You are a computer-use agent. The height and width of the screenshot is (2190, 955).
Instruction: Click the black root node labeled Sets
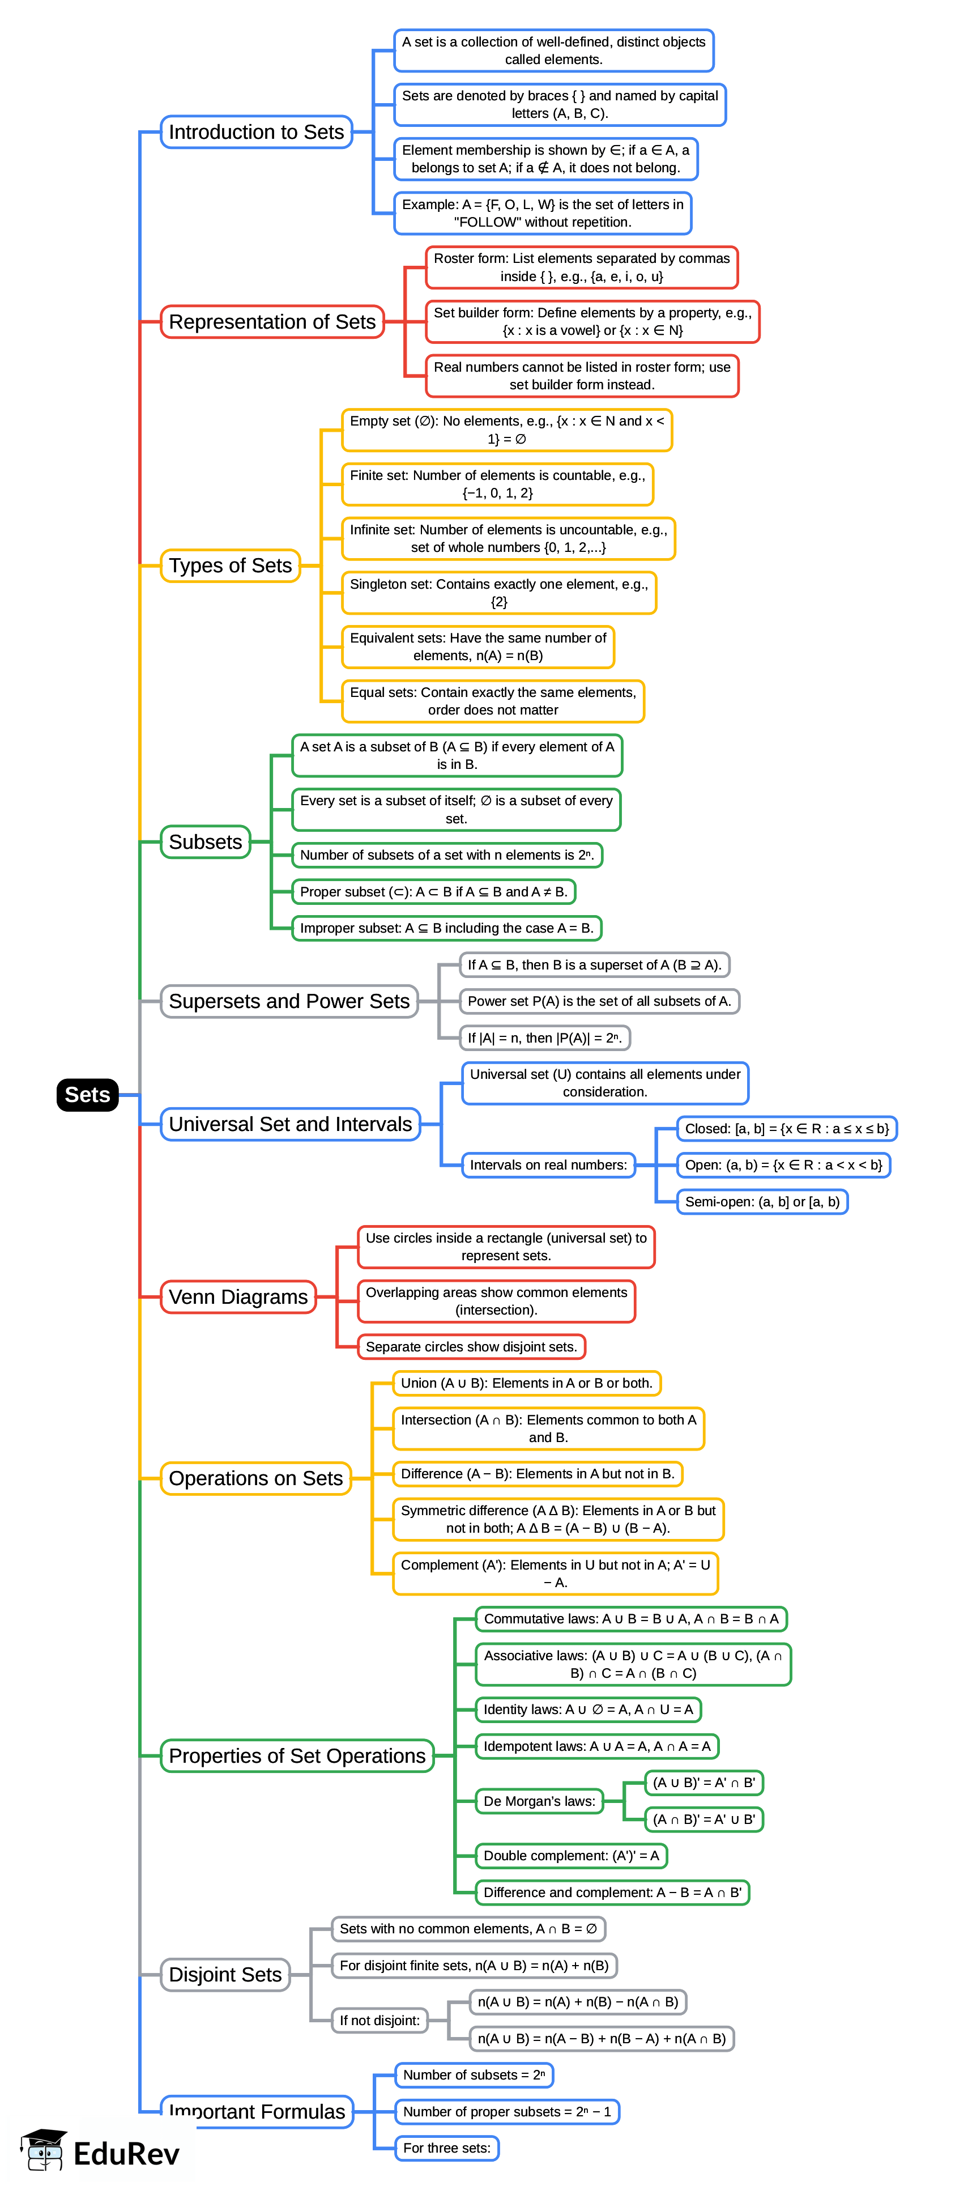pos(87,1094)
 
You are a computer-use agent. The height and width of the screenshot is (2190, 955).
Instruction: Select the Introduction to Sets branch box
pos(256,132)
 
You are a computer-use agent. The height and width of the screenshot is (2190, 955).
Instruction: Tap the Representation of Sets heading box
pos(272,321)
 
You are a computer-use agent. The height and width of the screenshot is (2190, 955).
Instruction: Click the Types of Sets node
pos(230,565)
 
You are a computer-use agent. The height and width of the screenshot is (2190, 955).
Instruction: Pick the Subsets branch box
pos(205,841)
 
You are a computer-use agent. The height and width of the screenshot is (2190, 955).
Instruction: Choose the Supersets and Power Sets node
pos(289,1001)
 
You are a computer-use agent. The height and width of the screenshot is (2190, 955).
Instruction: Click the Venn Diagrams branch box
pos(238,1296)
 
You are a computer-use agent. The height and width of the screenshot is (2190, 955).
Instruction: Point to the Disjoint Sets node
pos(225,1974)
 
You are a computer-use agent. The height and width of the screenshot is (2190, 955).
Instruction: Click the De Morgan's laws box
pos(539,1801)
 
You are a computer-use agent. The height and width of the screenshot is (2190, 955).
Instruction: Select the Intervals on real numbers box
pos(548,1165)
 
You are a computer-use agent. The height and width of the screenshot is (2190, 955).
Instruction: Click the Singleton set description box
pos(498,593)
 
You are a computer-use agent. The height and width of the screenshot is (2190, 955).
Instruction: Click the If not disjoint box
pos(379,2020)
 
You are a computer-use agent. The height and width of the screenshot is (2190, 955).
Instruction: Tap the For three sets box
pos(446,2148)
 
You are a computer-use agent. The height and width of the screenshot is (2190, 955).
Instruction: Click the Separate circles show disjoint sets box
pos(471,1347)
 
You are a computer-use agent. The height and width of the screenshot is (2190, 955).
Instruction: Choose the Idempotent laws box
pos(596,1746)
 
